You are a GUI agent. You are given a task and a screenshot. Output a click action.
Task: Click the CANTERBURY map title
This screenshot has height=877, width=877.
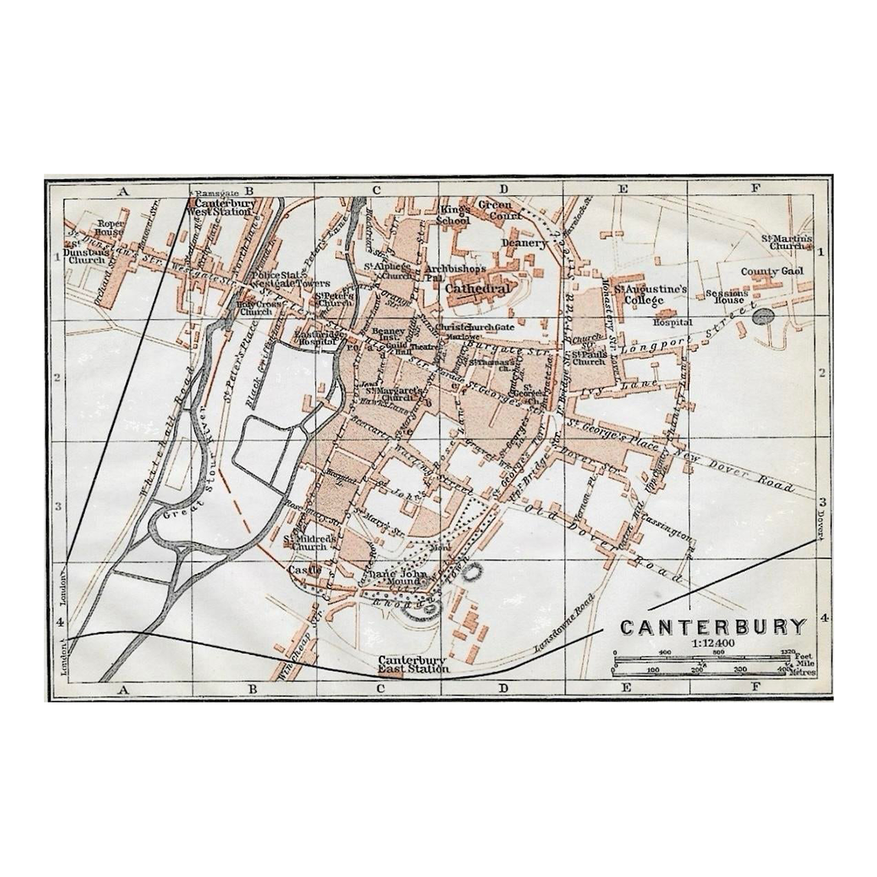[x=712, y=628]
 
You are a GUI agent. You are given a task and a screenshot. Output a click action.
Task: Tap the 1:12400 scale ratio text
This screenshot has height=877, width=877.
[x=712, y=644]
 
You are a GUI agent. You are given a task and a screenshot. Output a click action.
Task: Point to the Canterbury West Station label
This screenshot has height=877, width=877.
[x=223, y=208]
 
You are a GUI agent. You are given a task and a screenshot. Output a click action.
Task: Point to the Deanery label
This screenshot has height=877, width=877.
[x=524, y=243]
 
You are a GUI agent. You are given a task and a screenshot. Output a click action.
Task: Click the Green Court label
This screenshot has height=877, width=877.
[x=500, y=210]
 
